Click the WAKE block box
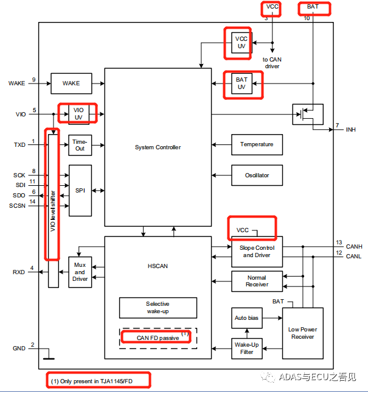[71, 83]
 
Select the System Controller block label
[158, 147]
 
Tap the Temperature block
[257, 144]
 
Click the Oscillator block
[257, 175]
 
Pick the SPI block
[80, 191]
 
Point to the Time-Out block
[80, 145]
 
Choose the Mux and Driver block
[80, 272]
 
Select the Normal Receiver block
[257, 281]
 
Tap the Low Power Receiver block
[303, 333]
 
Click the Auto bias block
[246, 318]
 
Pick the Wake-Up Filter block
[246, 347]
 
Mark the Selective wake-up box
[158, 308]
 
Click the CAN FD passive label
[158, 337]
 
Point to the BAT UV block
[241, 83]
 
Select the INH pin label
[351, 130]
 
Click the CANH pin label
[353, 247]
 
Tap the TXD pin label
[19, 145]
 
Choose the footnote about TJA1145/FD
[99, 380]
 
